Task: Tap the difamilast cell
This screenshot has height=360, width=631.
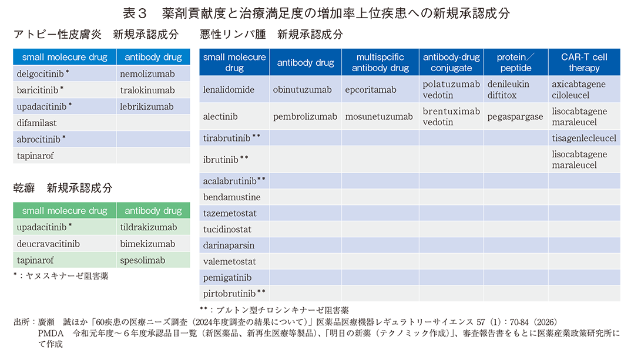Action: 36,123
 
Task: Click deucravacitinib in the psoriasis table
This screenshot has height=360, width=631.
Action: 49,244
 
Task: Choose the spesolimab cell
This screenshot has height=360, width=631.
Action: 143,260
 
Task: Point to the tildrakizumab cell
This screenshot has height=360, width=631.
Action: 148,227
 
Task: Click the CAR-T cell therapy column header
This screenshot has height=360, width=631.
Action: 584,62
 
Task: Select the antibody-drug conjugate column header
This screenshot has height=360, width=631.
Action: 451,62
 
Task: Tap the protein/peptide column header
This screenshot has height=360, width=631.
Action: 516,62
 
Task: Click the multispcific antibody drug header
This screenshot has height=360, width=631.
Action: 380,62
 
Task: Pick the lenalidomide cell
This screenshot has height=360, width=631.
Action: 229,90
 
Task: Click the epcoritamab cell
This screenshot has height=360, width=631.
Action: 371,90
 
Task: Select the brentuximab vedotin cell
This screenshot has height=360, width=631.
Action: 451,116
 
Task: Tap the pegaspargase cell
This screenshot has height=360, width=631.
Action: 515,116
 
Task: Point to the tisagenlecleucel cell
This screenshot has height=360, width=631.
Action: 584,138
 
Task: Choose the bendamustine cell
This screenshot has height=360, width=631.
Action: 231,197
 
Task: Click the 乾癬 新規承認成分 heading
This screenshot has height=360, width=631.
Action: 63,188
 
